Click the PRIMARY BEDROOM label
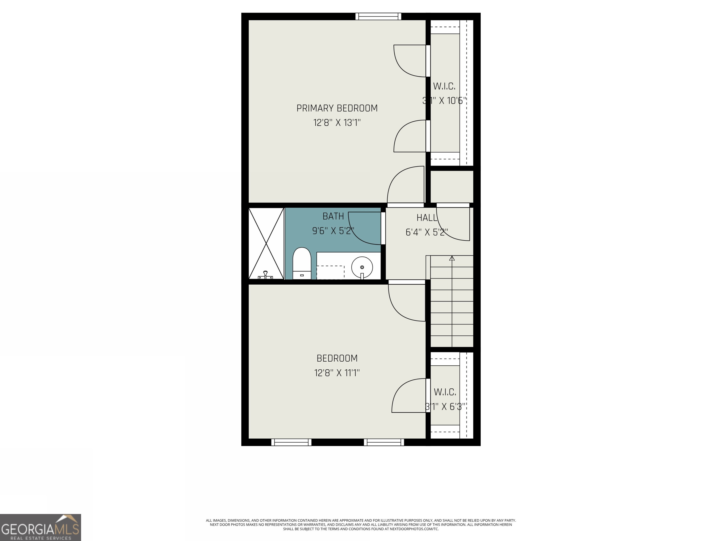pos(337,108)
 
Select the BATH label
pos(333,216)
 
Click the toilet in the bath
pos(302,263)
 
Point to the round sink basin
pos(362,267)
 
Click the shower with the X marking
pos(266,243)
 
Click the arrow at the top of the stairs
pos(452,258)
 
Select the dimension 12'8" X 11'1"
pos(337,373)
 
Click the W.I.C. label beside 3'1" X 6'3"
pos(445,392)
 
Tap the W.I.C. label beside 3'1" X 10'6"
pos(444,86)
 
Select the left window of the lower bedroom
pos(291,442)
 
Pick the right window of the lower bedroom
pos(384,442)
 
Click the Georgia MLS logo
pos(40,527)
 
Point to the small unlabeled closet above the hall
pos(452,186)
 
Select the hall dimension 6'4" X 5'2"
pos(426,232)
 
